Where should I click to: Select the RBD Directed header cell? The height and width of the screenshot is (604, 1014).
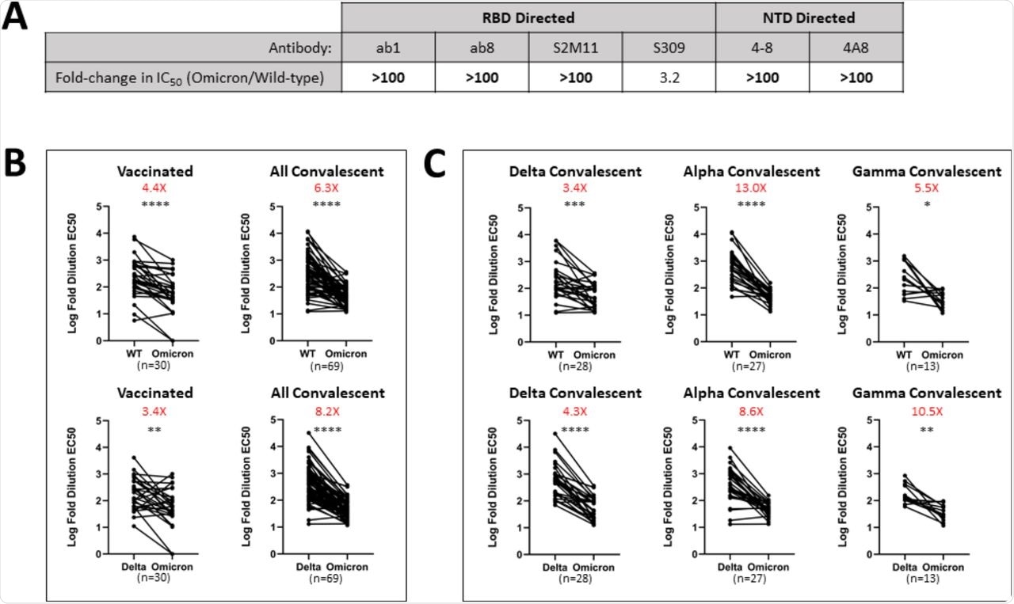point(528,17)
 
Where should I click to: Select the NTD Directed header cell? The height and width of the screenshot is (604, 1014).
point(809,17)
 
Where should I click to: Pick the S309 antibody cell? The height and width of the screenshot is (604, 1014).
point(669,47)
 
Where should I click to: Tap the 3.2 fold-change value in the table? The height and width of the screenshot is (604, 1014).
point(669,78)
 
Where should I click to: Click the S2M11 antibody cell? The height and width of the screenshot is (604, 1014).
point(575,47)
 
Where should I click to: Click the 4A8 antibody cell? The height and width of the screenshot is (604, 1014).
point(856,47)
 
